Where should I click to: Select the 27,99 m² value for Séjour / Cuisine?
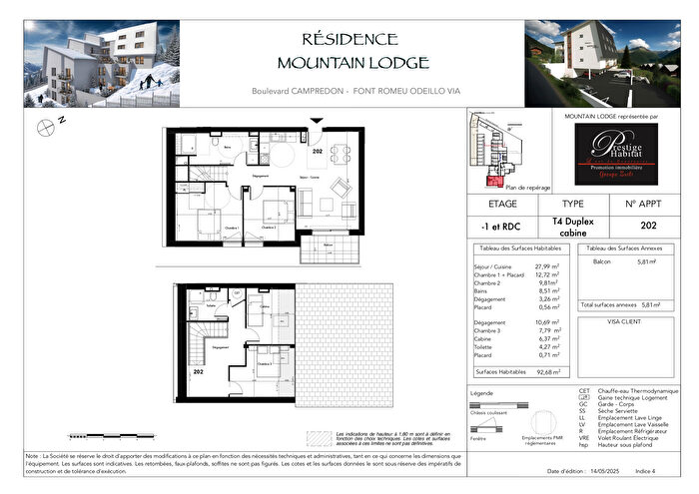pyautogui.click(x=544, y=266)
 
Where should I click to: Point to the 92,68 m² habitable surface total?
pyautogui.click(x=544, y=371)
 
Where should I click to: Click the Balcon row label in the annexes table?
pyautogui.click(x=602, y=261)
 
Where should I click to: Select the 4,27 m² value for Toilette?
pyautogui.click(x=545, y=346)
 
